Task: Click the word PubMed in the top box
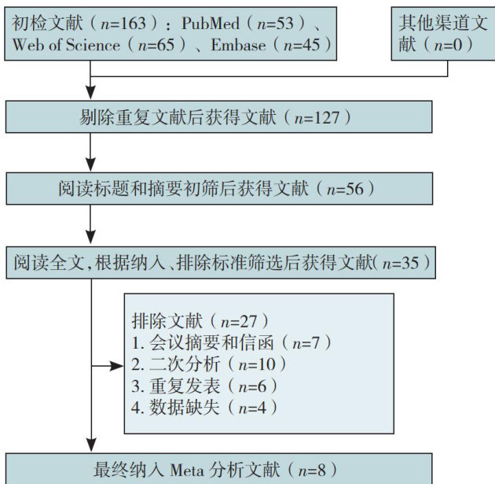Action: click(x=211, y=24)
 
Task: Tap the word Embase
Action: click(x=240, y=46)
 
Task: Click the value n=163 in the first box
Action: click(x=129, y=24)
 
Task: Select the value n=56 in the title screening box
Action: click(x=346, y=189)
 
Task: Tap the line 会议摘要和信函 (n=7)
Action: click(x=232, y=344)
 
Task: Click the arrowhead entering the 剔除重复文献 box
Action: click(x=92, y=94)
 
